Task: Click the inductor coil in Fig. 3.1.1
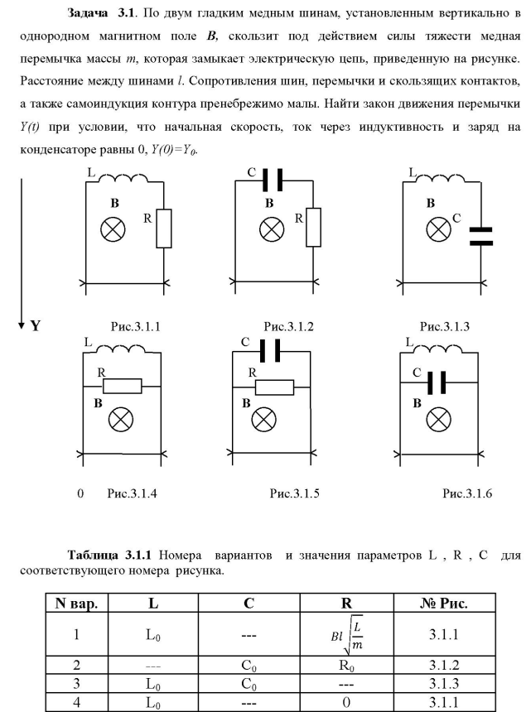pos(125,180)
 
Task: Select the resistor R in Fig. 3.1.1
pos(164,228)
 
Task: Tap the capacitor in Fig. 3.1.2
pos(274,180)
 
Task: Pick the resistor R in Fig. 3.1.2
pos(312,228)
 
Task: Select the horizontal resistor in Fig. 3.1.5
pos(274,387)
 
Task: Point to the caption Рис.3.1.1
pos(134,327)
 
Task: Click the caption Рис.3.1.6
pos(467,494)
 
